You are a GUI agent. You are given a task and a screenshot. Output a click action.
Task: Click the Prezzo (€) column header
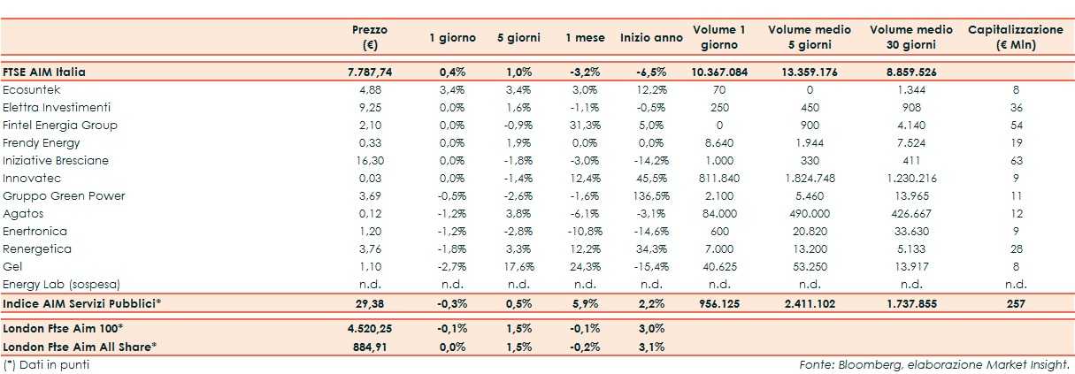pos(369,37)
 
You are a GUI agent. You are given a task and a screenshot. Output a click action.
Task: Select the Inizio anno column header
pos(651,38)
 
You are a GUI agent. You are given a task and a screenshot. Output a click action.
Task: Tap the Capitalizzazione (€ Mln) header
pos(1015,37)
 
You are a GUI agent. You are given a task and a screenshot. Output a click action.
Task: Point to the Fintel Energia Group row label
pos(60,126)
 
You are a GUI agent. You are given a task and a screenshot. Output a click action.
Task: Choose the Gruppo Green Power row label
pos(64,195)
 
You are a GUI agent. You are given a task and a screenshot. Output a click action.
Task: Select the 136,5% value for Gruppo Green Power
pos(652,195)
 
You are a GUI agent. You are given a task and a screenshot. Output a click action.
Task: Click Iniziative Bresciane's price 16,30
pos(370,161)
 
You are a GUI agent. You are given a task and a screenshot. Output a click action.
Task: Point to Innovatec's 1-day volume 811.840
pos(718,179)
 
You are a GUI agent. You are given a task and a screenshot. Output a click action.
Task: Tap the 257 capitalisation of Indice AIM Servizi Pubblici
pos(1015,303)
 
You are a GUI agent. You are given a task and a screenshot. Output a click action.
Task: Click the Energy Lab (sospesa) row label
pos(61,284)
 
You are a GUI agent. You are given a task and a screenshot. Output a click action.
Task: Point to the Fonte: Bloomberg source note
pos(933,363)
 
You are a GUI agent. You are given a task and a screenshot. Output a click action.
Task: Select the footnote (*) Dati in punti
pos(47,363)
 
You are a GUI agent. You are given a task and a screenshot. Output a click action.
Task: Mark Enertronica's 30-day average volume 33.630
pos(911,231)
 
